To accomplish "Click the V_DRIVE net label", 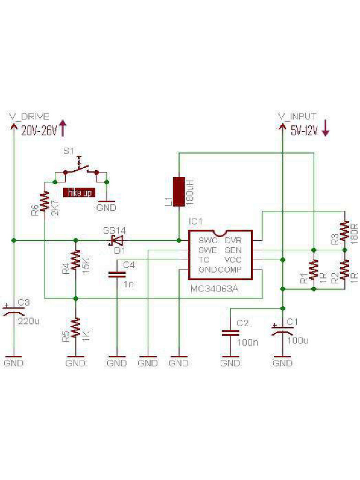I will tap(29, 117).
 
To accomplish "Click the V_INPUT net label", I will tap(297, 116).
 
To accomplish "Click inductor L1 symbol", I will tap(179, 191).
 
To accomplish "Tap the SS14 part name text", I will tap(114, 230).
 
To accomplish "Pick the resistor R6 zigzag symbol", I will tap(45, 202).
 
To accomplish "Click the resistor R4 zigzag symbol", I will tap(75, 262).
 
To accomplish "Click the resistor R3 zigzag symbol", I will tap(345, 231).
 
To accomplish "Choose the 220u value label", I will tap(28, 322).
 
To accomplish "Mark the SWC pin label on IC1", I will tap(208, 240).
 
